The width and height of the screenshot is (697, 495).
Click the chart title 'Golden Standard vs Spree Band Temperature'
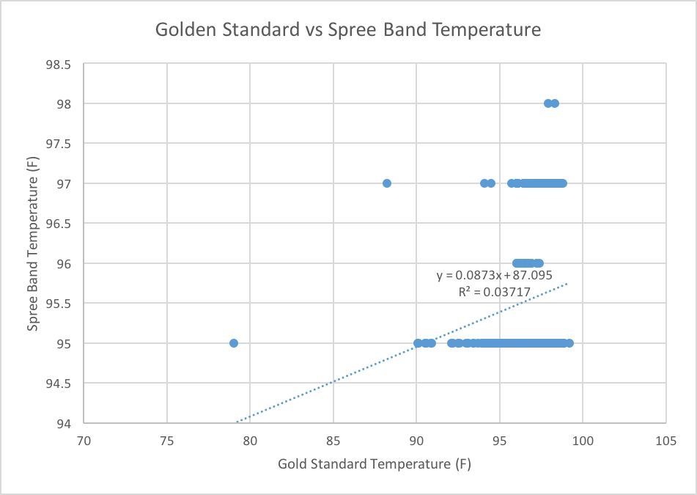point(348,31)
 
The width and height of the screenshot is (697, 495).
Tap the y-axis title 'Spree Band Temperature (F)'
point(34,243)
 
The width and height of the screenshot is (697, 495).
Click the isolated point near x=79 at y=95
point(234,343)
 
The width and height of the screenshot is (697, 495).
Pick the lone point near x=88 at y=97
point(387,183)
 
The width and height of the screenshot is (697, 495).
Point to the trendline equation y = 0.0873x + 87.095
point(494,276)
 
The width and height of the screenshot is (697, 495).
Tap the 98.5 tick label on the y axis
point(58,64)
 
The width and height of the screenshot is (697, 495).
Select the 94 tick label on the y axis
point(64,423)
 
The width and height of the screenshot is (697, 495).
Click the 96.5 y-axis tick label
point(58,224)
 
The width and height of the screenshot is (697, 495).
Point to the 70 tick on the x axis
point(84,441)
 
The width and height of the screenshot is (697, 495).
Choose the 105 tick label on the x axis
point(665,441)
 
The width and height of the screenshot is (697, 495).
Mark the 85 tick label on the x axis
point(333,441)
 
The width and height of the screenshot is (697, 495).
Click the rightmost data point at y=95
point(569,343)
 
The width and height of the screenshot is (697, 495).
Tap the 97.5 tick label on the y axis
point(58,144)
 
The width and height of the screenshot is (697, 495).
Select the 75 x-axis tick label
point(167,441)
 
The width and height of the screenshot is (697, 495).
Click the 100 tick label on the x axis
point(583,441)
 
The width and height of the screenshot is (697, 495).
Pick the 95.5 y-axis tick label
point(58,304)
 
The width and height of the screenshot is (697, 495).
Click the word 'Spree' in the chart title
point(352,31)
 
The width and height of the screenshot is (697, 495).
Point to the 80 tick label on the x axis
point(251,441)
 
